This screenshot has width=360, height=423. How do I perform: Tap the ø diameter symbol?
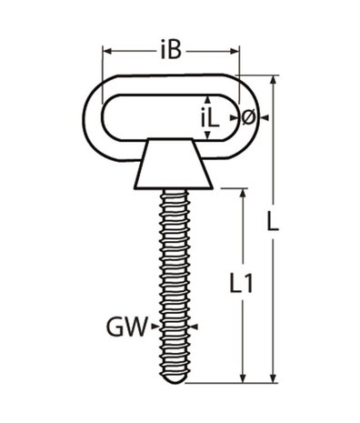(x=247, y=116)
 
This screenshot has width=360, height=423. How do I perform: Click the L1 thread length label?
(x=241, y=285)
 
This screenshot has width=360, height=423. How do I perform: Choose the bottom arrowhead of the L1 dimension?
(x=243, y=378)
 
